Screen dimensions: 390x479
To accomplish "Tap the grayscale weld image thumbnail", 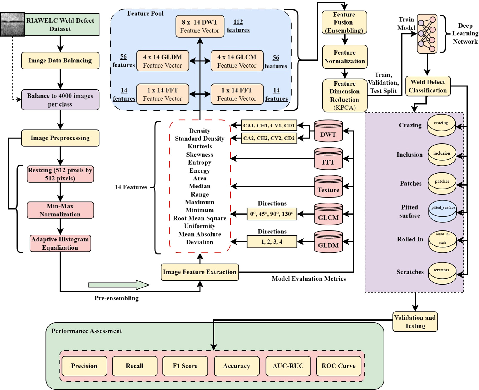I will click(x=12, y=24).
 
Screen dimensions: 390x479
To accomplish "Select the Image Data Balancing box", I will click(x=60, y=61).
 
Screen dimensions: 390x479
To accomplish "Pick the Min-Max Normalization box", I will click(x=60, y=210).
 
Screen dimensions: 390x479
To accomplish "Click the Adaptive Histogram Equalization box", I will click(x=60, y=243).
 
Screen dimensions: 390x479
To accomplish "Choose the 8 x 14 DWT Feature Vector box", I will click(x=200, y=26).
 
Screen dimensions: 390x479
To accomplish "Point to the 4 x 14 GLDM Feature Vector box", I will click(x=162, y=61).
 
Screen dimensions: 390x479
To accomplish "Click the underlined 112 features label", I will click(x=238, y=26).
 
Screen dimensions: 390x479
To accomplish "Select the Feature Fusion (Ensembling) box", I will click(x=344, y=23).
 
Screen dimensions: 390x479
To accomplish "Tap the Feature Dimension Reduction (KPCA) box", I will click(x=344, y=95).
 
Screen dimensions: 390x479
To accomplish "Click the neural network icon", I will click(x=427, y=34).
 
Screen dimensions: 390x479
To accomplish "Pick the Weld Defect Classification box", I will click(x=427, y=86).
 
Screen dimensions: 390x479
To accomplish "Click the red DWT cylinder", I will click(x=328, y=131).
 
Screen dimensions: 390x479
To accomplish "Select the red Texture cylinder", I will click(x=328, y=186).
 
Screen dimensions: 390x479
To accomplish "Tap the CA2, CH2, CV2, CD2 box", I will click(x=269, y=138).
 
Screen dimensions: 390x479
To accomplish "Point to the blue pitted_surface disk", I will click(x=442, y=211).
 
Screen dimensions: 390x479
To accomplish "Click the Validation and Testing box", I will click(x=415, y=322).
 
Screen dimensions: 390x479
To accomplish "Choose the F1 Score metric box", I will click(x=185, y=366).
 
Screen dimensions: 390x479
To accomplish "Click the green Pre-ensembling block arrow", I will click(x=119, y=285).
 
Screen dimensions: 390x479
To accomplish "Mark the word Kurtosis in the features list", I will click(x=200, y=146).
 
